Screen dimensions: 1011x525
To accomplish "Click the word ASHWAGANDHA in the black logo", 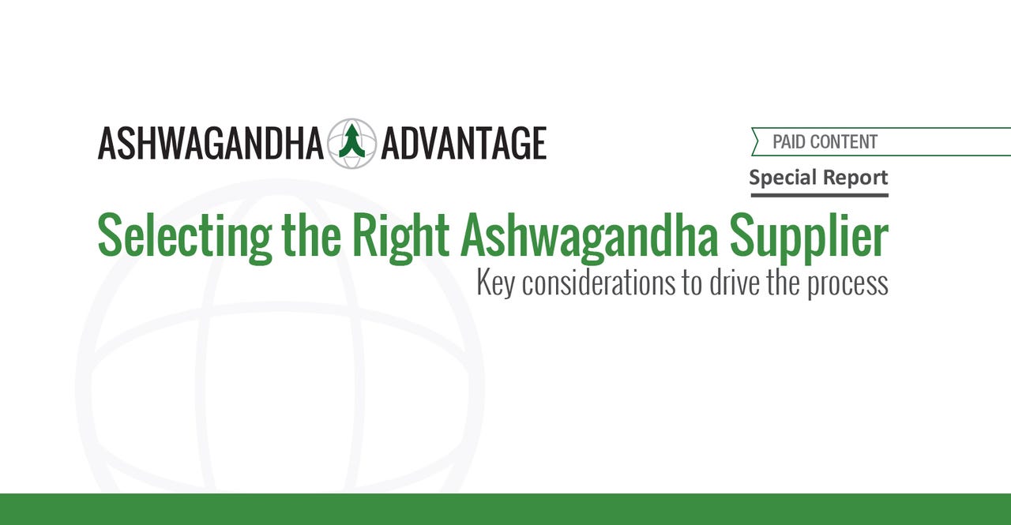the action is click(x=210, y=144).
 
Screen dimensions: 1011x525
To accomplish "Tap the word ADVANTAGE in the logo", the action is click(x=464, y=144).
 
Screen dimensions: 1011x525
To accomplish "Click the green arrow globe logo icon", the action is click(x=352, y=144).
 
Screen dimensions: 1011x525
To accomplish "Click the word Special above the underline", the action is click(x=780, y=178).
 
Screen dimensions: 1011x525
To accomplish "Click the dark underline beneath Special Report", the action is click(x=820, y=195).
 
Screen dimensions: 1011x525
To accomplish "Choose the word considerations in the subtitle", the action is click(x=599, y=283).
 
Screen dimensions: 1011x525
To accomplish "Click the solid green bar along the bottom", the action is click(x=505, y=509).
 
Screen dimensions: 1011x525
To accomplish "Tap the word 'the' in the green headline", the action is click(x=311, y=234).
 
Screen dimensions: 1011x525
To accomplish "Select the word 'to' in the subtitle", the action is click(x=692, y=283).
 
